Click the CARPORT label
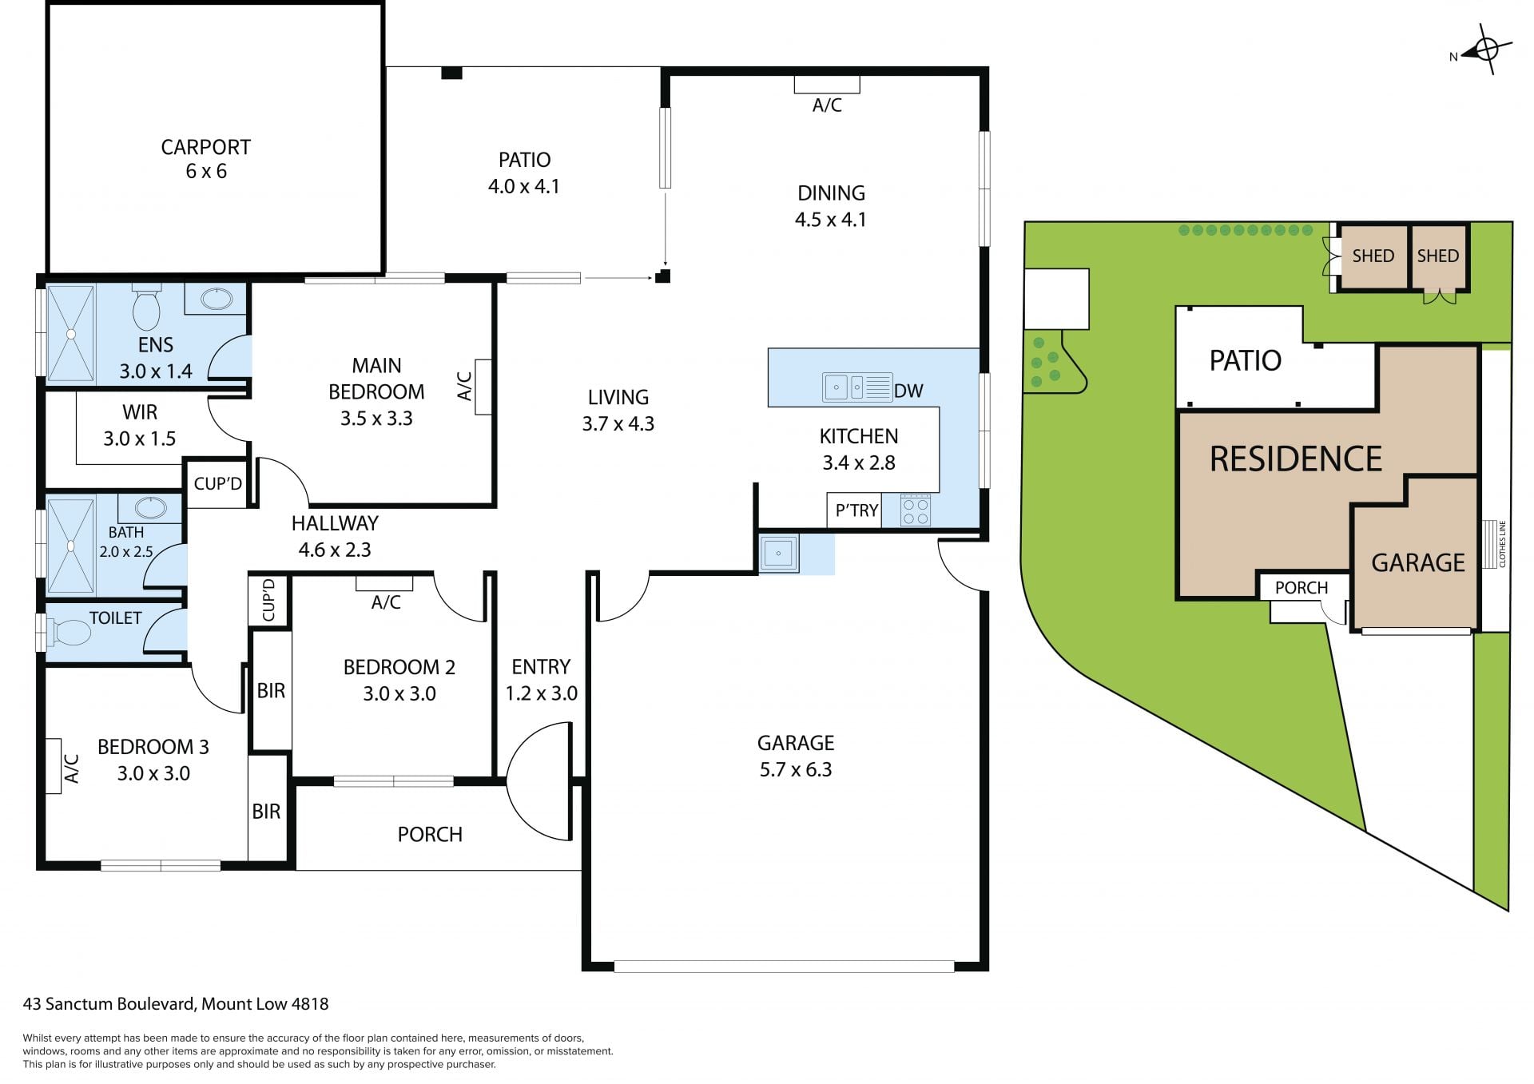[x=206, y=147]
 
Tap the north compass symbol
[x=1486, y=50]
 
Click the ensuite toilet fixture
[x=146, y=308]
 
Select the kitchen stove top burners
[x=916, y=510]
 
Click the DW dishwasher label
[x=908, y=391]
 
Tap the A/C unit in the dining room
[x=827, y=84]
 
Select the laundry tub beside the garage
[x=778, y=553]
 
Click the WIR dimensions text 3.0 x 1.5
[x=139, y=439]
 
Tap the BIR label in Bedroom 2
[x=271, y=690]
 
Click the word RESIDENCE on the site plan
[x=1295, y=459]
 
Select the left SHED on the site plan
[x=1373, y=256]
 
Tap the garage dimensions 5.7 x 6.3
[x=796, y=769]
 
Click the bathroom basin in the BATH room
[x=150, y=507]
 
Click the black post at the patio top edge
[x=451, y=73]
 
